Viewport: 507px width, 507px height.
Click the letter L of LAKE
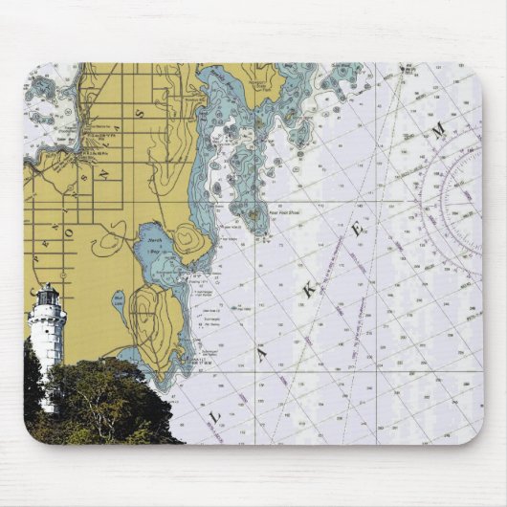tap(216, 414)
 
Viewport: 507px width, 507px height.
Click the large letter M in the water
tap(437, 133)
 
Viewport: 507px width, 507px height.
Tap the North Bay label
tap(155, 244)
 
